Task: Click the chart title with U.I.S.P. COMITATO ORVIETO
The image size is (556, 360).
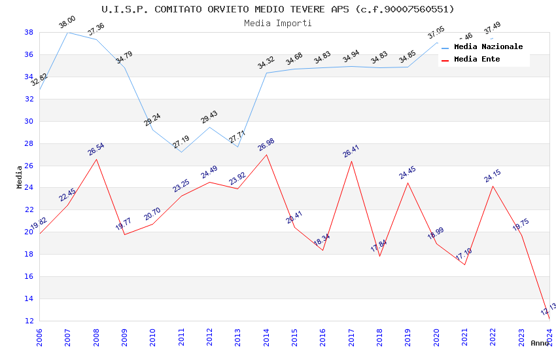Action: [x=278, y=9]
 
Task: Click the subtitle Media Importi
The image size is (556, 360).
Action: [x=278, y=23]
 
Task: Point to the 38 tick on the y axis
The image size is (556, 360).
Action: [x=29, y=32]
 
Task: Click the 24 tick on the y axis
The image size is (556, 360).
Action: [x=29, y=188]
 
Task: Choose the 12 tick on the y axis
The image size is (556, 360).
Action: [x=29, y=321]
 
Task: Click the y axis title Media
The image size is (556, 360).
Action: [x=20, y=177]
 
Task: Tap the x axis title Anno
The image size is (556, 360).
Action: [x=540, y=343]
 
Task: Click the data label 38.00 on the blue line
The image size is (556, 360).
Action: [x=67, y=22]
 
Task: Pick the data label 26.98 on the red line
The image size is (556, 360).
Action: [x=266, y=145]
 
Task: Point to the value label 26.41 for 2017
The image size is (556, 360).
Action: [x=351, y=151]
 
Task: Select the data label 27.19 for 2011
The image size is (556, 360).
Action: [x=181, y=142]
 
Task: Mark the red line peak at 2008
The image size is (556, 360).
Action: [x=96, y=159]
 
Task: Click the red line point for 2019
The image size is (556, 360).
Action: [x=408, y=183]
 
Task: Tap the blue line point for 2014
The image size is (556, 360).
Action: [x=266, y=73]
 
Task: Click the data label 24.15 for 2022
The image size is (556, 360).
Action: [x=493, y=176]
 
